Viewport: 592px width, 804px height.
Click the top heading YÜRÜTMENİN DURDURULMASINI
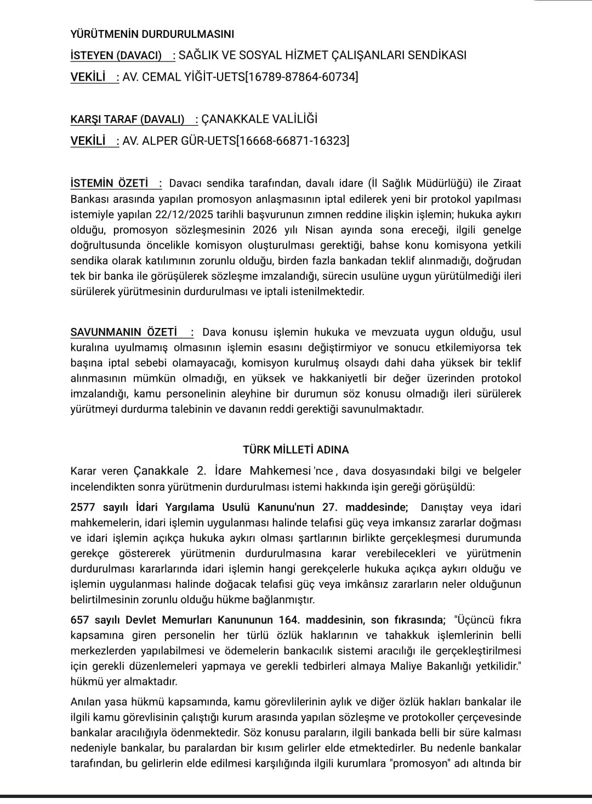pos(152,34)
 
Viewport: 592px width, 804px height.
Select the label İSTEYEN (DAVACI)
pos(116,55)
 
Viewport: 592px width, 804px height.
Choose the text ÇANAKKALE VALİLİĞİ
pos(259,120)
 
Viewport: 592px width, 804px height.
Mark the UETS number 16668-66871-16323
pos(292,141)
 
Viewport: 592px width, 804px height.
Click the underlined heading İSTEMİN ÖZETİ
pos(110,183)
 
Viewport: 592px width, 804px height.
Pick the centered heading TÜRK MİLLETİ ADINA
pos(296,450)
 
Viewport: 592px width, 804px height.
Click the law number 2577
pos(82,507)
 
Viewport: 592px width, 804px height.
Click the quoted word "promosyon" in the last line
pos(418,763)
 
